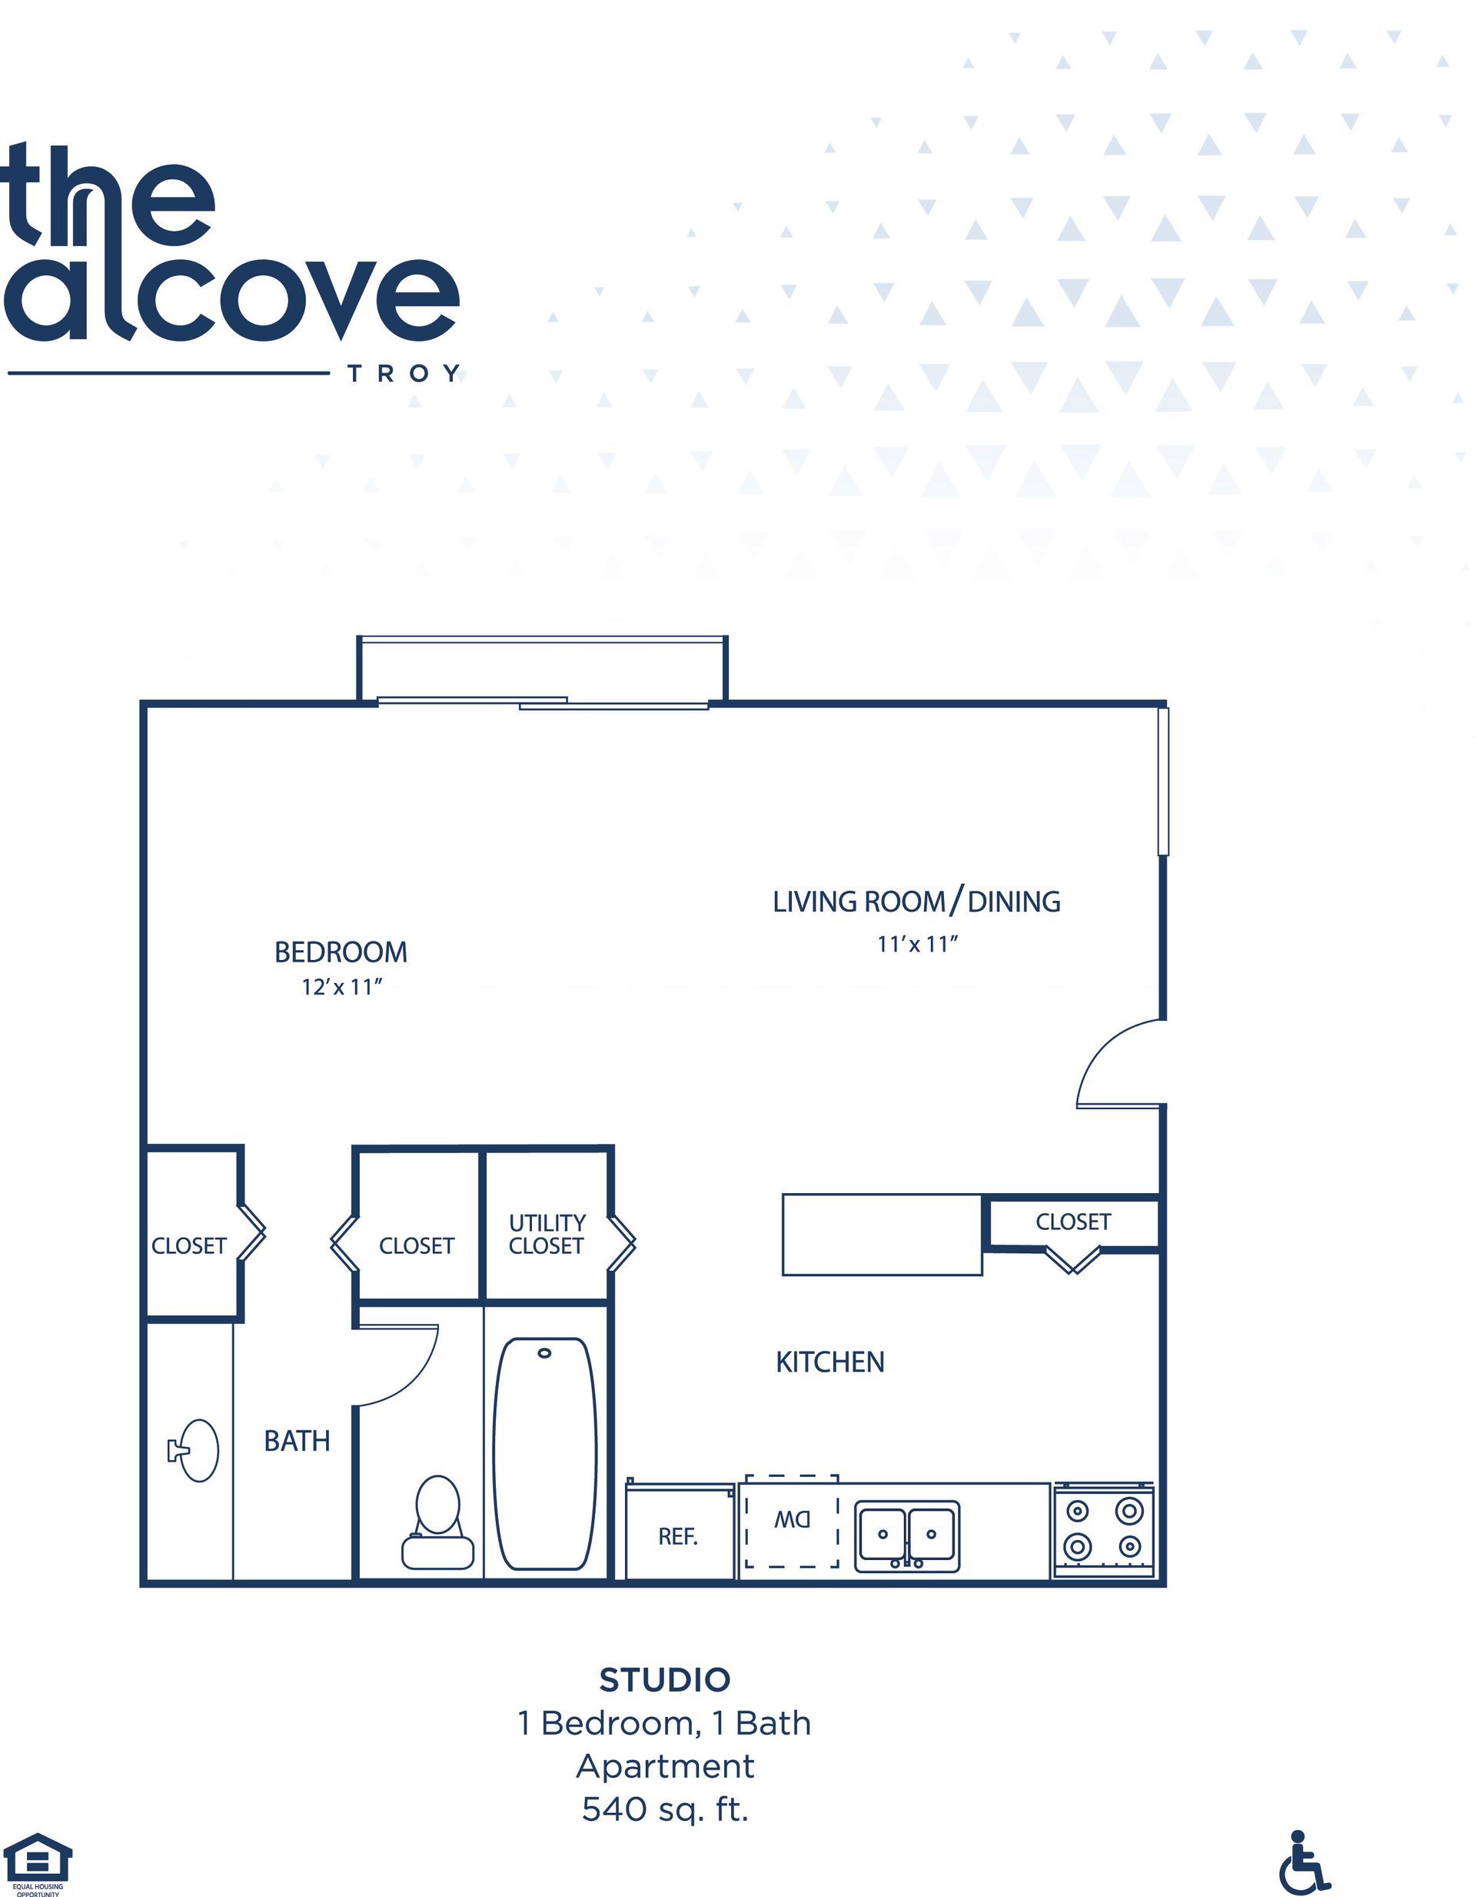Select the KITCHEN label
(x=830, y=1362)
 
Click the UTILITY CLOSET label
(x=547, y=1234)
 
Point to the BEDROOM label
(x=341, y=952)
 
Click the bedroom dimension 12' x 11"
(x=342, y=988)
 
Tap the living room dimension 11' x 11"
(x=917, y=944)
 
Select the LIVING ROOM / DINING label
(x=917, y=902)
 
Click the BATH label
(x=297, y=1441)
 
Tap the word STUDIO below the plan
(x=665, y=1680)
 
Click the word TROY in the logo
(x=404, y=375)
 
